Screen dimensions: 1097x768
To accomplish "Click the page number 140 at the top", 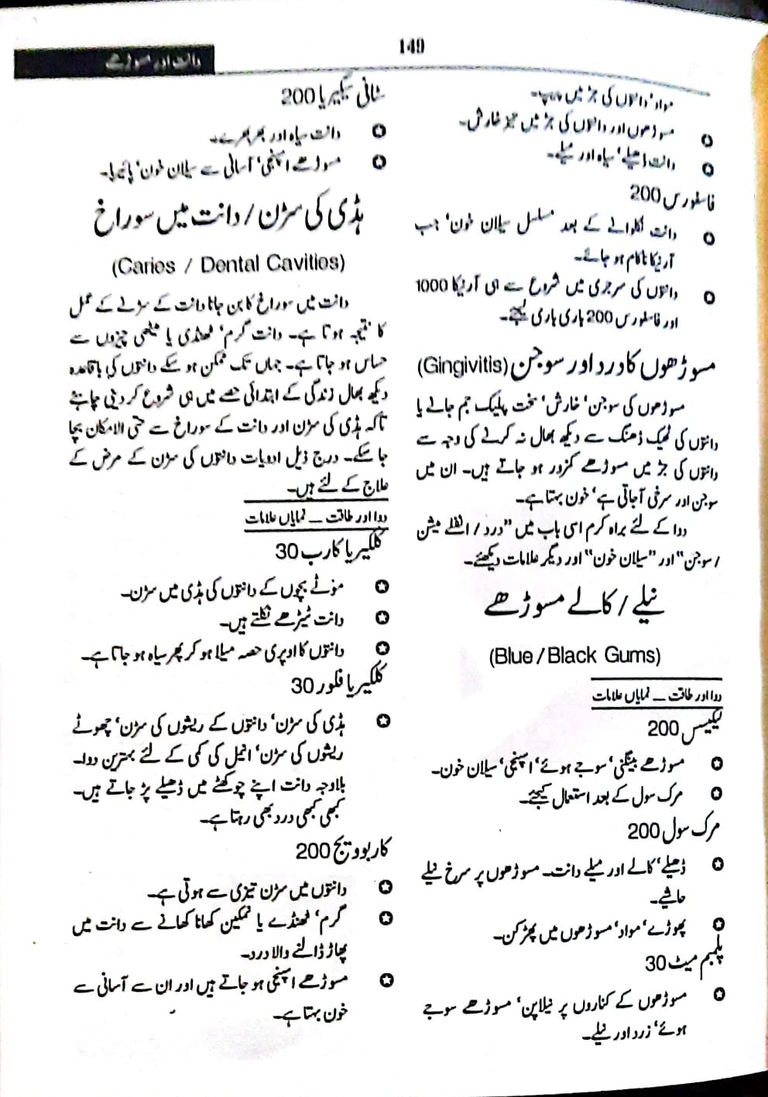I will [x=411, y=46].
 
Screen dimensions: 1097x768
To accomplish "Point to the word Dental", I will [x=230, y=265].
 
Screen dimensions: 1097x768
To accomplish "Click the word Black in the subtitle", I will [x=572, y=656].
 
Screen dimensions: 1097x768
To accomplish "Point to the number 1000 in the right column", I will [x=432, y=285].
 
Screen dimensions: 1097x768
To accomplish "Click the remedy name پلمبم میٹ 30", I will [x=681, y=964].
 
